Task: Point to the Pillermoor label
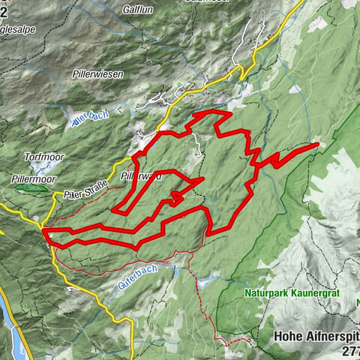pyautogui.click(x=34, y=180)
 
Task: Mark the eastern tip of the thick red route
pyautogui.click(x=318, y=143)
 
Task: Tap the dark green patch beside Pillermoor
pyautogui.click(x=34, y=190)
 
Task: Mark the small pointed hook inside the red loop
pyautogui.click(x=174, y=196)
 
